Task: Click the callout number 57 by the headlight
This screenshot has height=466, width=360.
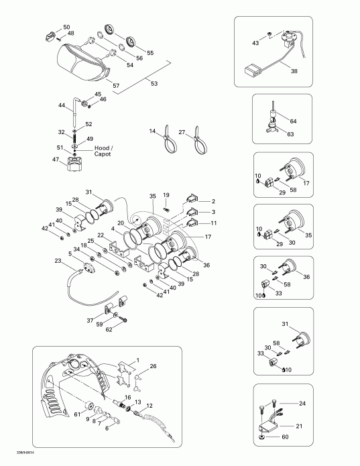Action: coord(116,86)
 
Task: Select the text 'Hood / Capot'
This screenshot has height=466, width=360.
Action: coord(100,150)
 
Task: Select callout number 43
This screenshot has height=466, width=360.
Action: coord(255,42)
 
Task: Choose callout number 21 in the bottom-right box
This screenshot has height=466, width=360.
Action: coord(299,426)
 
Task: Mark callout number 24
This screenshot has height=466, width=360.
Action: coord(302,403)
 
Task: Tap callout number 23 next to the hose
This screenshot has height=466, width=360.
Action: coord(58,261)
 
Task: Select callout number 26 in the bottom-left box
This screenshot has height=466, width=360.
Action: coord(154,366)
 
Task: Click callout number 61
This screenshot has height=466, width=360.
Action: coord(78,414)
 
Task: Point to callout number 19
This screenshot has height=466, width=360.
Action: coord(167,194)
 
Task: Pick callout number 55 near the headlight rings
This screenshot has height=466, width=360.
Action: coord(149,52)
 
